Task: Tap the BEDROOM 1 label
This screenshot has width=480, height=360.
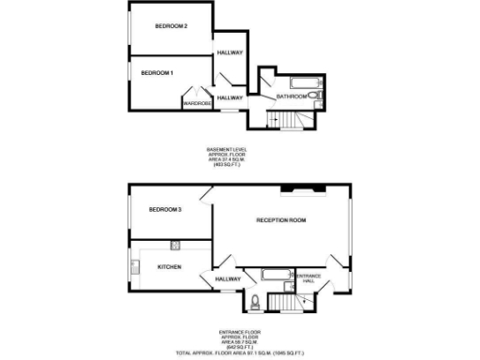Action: pos(157,72)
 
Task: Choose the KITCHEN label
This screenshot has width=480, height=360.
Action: pos(169,266)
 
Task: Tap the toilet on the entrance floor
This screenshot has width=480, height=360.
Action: pos(255,301)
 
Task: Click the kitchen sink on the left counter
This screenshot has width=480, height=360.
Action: pos(137,269)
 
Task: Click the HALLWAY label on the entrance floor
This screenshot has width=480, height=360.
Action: pos(228,278)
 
